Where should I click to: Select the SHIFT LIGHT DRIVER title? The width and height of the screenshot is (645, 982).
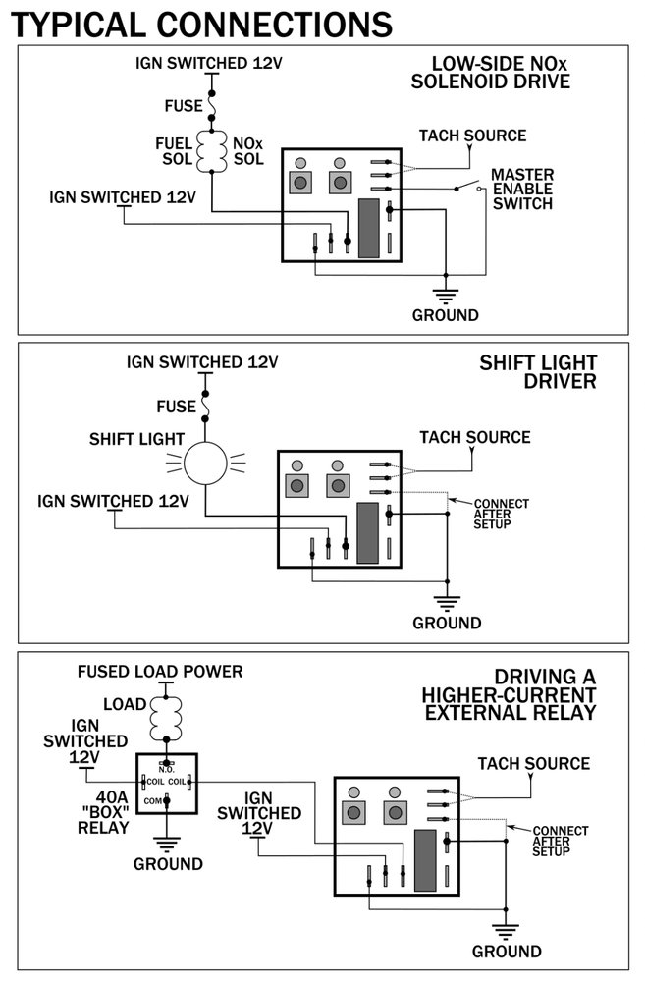[537, 371]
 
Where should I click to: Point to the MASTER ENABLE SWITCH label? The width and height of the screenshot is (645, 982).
[522, 190]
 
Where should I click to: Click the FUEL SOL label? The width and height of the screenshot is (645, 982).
[174, 151]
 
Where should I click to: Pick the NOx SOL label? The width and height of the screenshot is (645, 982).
[247, 151]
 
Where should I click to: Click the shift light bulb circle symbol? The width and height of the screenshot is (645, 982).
[206, 463]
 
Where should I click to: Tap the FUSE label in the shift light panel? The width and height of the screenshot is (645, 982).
[176, 407]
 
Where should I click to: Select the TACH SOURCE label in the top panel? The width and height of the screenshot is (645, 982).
[472, 136]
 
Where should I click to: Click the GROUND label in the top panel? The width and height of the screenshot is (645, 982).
[445, 315]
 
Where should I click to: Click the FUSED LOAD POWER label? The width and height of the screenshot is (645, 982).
[160, 672]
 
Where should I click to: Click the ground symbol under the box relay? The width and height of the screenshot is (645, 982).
[167, 844]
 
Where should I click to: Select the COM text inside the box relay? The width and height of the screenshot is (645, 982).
[153, 801]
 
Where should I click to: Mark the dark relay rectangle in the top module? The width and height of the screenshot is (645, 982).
[369, 228]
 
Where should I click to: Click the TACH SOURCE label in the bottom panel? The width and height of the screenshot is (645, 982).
[533, 763]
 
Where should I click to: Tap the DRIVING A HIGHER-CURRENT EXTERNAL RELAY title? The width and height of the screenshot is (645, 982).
[511, 694]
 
